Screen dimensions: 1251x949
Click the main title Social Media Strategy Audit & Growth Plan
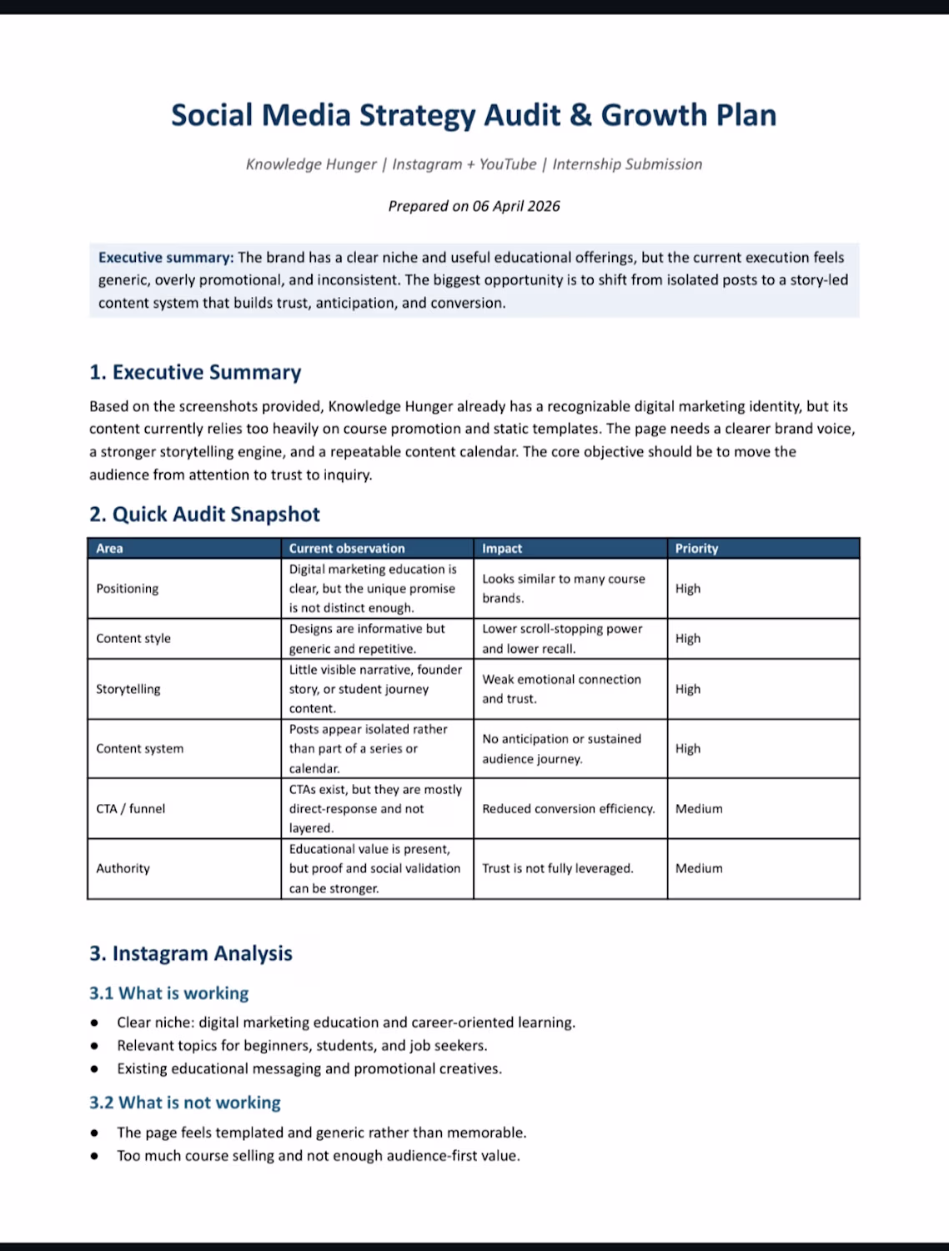(x=474, y=115)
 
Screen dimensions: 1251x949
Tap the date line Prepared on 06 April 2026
(x=474, y=206)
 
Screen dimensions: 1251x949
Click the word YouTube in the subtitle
(x=508, y=164)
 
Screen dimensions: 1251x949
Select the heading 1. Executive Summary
(x=195, y=372)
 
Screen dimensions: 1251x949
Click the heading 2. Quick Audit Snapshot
(x=204, y=514)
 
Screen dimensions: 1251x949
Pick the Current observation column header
(x=346, y=548)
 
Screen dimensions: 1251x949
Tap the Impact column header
(x=502, y=548)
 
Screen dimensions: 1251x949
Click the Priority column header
(x=696, y=548)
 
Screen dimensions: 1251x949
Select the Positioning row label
(x=127, y=588)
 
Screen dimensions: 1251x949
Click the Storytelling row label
(x=128, y=689)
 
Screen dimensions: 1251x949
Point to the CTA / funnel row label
(x=130, y=808)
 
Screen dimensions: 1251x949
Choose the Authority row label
(x=123, y=868)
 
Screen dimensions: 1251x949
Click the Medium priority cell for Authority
(x=699, y=868)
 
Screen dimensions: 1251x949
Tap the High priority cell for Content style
(x=688, y=638)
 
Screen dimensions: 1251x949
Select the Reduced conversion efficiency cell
(x=568, y=808)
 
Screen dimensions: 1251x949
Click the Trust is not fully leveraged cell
(x=557, y=868)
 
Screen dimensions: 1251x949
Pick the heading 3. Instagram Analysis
(x=191, y=953)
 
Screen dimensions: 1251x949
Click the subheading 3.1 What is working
(x=168, y=993)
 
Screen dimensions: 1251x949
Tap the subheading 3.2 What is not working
(x=184, y=1103)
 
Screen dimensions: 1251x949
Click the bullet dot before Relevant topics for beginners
(x=95, y=1046)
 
